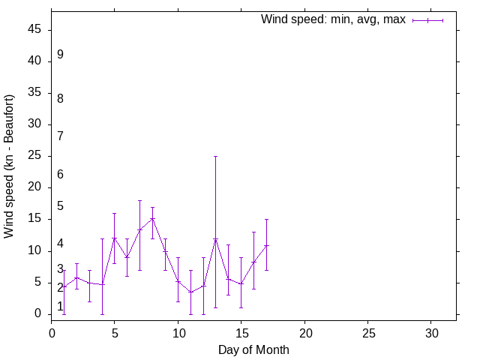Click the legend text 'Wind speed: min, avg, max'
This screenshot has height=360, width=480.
click(x=333, y=19)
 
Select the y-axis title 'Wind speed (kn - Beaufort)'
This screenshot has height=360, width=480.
click(x=9, y=166)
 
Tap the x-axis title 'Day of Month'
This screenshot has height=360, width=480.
click(x=253, y=349)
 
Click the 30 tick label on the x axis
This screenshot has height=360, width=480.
click(x=431, y=332)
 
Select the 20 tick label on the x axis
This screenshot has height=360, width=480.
click(x=304, y=332)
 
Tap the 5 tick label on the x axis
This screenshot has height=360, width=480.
click(x=115, y=332)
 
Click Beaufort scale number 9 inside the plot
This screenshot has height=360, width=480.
click(x=60, y=55)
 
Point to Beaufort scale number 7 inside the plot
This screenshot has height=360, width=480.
click(x=60, y=136)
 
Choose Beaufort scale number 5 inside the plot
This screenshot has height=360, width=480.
click(x=60, y=206)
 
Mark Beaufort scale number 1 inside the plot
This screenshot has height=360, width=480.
click(x=60, y=307)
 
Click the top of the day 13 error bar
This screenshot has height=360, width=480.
click(x=216, y=157)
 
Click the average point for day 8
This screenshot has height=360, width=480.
click(x=152, y=219)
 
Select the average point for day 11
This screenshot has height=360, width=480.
click(x=190, y=292)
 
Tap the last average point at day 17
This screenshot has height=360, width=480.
click(x=266, y=245)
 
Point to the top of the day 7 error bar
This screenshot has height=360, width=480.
click(x=139, y=201)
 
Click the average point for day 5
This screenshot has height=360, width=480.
click(x=114, y=238)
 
